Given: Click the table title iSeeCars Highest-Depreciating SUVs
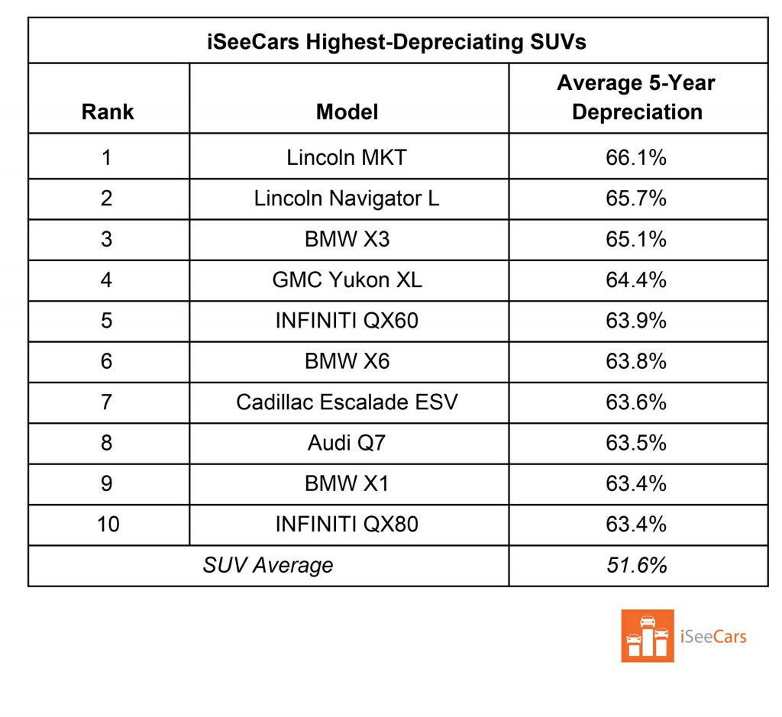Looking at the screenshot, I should coord(396,41).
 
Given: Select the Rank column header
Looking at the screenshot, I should coord(107,111).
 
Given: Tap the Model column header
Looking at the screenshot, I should coord(347,111).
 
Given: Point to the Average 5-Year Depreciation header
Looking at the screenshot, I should coord(636,97).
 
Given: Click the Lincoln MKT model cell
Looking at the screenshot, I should coord(347,157).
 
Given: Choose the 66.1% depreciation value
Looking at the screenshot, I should coord(636,157).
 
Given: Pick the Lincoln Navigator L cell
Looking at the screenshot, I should coord(347,199).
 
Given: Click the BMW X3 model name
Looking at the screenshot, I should coord(347,239).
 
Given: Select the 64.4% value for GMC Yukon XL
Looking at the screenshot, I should coord(636,279).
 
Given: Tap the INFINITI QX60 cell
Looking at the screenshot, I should coord(347,320).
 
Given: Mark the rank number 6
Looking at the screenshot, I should coord(107,361).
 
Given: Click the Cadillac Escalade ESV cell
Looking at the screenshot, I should coord(347,402).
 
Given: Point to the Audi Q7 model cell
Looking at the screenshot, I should coord(347,443).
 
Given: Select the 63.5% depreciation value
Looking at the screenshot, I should coord(636,443).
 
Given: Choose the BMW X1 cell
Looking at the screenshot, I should coord(347,483).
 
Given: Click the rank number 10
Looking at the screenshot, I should coord(107,525).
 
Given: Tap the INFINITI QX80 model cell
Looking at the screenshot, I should coord(347,525).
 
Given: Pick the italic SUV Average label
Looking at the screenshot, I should coord(267,565).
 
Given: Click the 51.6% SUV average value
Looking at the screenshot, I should coord(636,565).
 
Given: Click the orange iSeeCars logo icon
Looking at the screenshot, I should coord(648,635).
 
